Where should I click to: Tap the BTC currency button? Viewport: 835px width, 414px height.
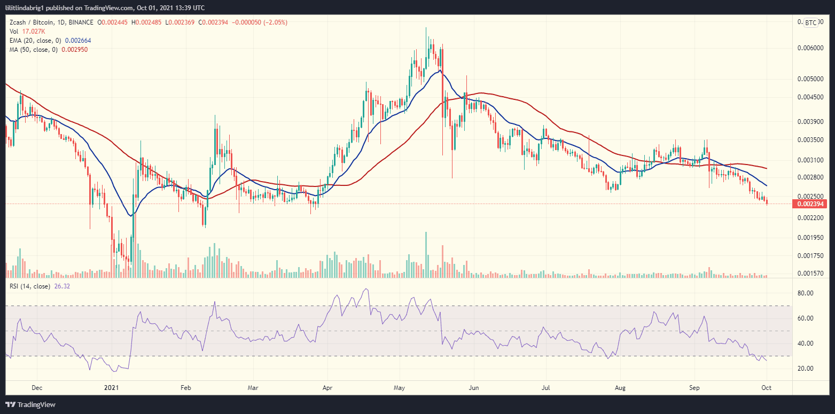[810, 22]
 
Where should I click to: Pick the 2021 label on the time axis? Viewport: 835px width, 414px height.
[111, 387]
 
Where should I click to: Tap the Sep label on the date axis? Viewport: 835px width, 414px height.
[694, 387]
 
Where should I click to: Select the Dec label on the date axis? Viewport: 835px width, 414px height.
[37, 387]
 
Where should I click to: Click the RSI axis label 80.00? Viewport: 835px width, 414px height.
[806, 293]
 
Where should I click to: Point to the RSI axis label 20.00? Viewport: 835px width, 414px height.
[806, 369]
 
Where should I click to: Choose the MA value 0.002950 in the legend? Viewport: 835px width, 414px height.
[75, 49]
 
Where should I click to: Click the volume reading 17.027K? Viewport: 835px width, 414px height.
[30, 31]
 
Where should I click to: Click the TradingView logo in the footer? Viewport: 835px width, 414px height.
[30, 404]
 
